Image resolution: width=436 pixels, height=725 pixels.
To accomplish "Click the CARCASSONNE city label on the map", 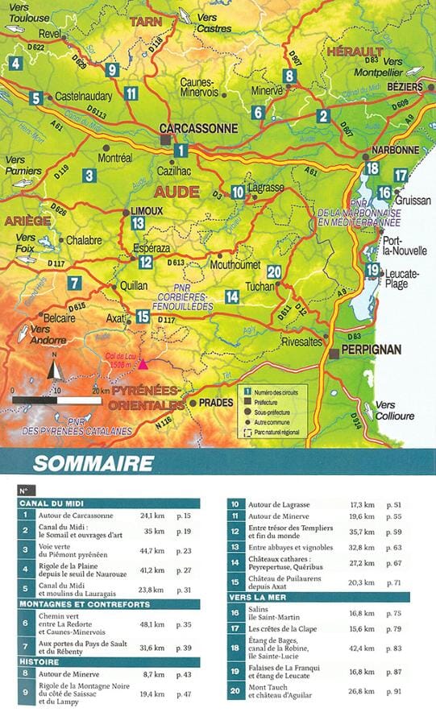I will tap(198, 128).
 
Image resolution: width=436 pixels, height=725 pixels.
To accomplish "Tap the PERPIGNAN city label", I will tap(367, 352).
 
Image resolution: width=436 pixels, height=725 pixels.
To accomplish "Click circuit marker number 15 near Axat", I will tap(143, 317).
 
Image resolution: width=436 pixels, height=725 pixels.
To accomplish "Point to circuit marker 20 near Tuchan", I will tap(274, 271).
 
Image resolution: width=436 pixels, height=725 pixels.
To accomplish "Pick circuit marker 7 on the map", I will tap(74, 283).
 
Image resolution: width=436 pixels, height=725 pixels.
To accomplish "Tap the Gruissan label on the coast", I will tap(414, 201).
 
